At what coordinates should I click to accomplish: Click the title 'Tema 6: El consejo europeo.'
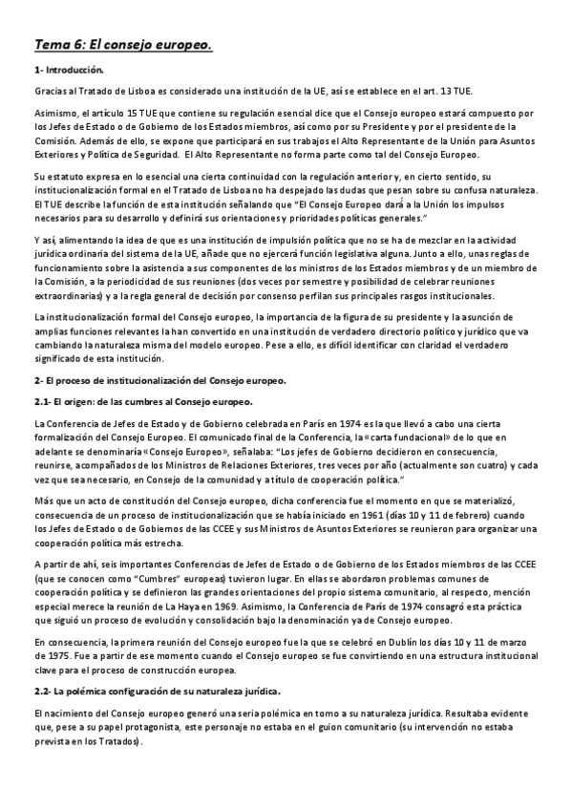[122, 45]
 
